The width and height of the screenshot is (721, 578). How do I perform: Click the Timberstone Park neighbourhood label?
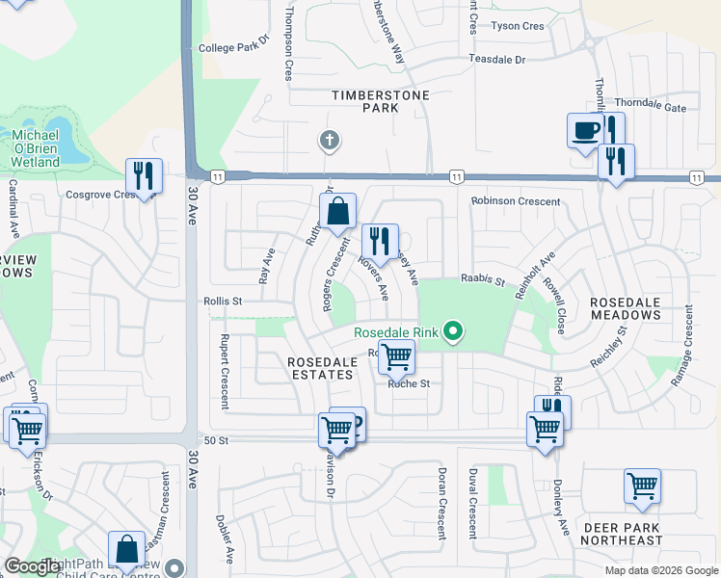tap(364, 102)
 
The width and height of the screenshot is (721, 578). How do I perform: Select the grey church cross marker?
tap(330, 142)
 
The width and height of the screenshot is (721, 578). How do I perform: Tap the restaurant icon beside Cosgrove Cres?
tap(144, 176)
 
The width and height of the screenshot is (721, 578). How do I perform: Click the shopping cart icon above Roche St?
tap(396, 356)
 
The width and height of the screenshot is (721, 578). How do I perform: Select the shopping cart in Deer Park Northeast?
tap(642, 486)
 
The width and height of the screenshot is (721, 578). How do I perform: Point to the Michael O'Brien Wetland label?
tap(36, 147)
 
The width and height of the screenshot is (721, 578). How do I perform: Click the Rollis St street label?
tap(223, 301)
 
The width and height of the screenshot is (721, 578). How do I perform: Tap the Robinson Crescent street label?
tap(515, 201)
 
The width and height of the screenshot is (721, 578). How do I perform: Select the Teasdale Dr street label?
tap(497, 59)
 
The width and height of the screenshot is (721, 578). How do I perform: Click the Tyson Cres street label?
tap(519, 26)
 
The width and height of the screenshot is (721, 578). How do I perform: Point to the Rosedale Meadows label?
tap(626, 308)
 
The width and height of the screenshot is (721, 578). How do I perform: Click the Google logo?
tap(34, 566)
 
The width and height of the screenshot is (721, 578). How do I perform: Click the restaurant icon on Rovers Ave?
tap(381, 242)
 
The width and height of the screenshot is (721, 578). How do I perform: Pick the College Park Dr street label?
tap(231, 46)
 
